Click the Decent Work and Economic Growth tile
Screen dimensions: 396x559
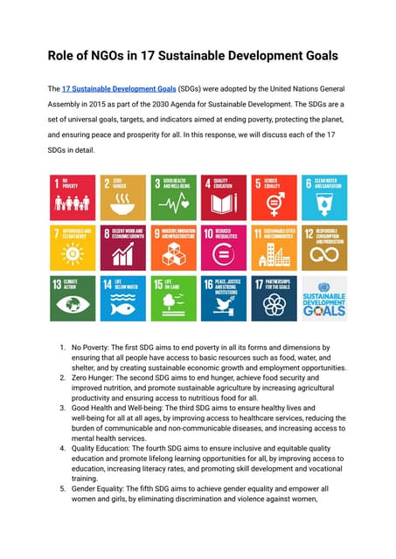pos(122,247)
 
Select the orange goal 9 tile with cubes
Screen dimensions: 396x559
pos(172,247)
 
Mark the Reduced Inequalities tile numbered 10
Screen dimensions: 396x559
pos(223,247)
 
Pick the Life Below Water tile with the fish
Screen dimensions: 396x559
pos(122,298)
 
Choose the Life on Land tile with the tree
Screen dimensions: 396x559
pos(172,298)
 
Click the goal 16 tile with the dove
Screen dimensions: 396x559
pos(223,298)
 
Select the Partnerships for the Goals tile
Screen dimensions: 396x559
pos(274,298)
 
